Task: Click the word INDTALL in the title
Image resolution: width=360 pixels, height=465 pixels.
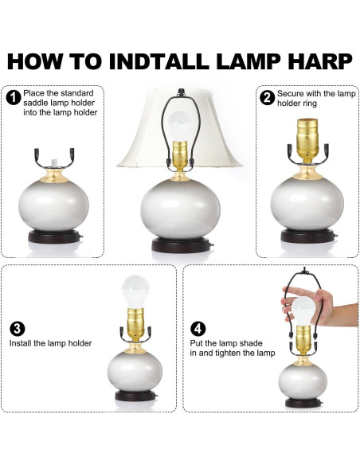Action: pos(159,61)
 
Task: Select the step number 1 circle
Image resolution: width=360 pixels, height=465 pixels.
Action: pos(13,98)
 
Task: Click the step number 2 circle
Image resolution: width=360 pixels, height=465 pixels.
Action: pos(267,98)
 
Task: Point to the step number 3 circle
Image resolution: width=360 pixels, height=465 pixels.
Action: pos(18,329)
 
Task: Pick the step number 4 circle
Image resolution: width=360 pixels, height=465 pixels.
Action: pos(198,329)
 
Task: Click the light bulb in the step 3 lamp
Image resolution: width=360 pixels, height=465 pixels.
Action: pos(135,291)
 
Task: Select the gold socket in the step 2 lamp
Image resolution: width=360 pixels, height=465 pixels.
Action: pos(307,139)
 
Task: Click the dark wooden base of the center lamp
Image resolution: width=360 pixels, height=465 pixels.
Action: pos(181,245)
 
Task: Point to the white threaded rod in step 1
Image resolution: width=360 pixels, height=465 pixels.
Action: pos(53,163)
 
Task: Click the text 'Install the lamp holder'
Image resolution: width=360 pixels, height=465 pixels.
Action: pos(50,343)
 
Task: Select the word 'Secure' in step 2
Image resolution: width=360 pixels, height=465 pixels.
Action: pos(291,94)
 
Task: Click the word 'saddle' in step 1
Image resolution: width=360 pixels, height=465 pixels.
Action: pos(33,103)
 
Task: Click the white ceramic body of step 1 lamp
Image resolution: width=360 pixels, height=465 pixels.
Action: pos(53,205)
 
